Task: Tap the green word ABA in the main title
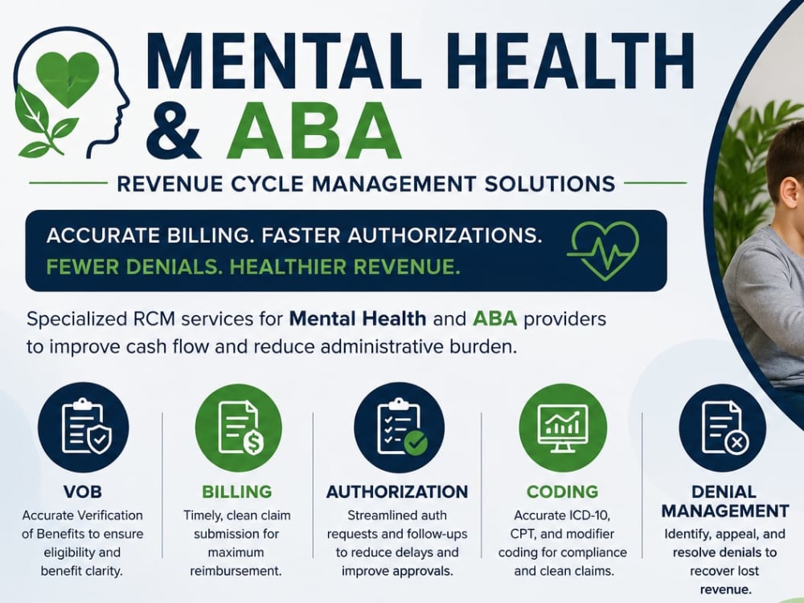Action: (x=314, y=130)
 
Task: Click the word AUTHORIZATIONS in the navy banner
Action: (x=445, y=236)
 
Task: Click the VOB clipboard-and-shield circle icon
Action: (x=83, y=428)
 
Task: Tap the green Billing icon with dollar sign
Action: (x=239, y=428)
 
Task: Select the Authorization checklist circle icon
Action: (x=400, y=428)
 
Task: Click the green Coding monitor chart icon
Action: (x=563, y=428)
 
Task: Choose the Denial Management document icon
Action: (x=723, y=428)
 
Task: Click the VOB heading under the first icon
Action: (x=83, y=492)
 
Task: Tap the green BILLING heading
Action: (x=237, y=492)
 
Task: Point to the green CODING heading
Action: (x=563, y=492)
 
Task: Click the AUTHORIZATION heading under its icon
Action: (x=397, y=492)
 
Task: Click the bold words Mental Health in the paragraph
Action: (x=358, y=318)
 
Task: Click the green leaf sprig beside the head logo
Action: (x=41, y=123)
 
